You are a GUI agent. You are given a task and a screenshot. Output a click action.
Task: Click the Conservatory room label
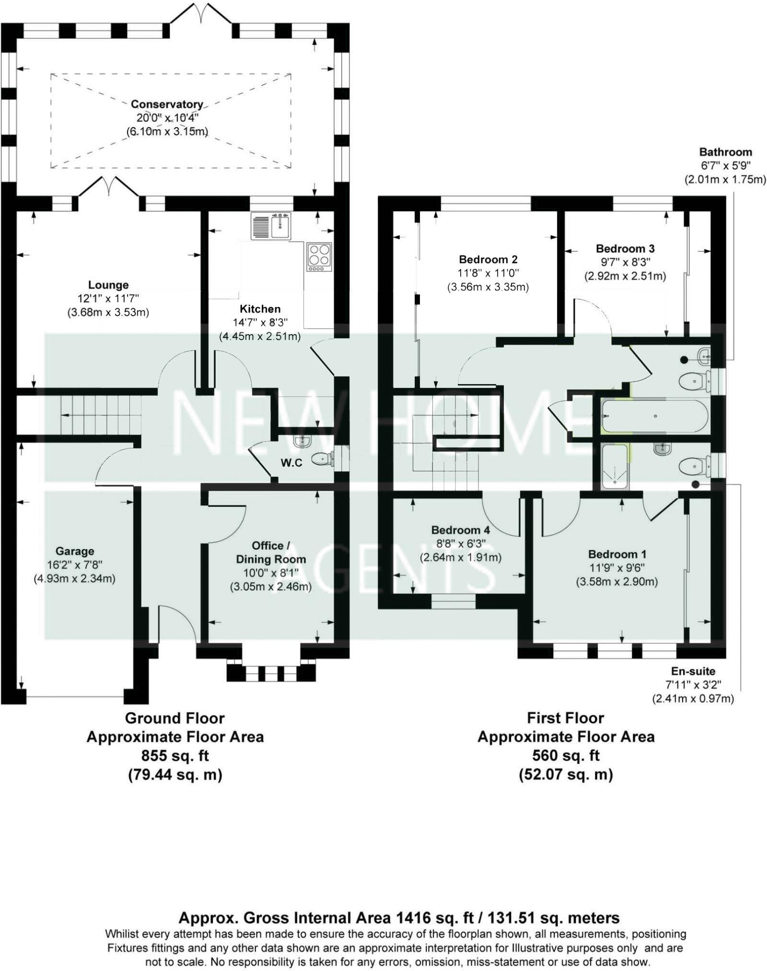(x=167, y=104)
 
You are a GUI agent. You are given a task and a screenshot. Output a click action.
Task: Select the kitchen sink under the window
(x=271, y=226)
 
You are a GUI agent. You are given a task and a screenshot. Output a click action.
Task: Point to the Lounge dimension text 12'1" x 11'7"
(x=108, y=298)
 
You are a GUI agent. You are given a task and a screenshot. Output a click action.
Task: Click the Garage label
(x=74, y=551)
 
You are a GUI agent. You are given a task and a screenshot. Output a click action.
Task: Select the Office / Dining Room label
(x=271, y=552)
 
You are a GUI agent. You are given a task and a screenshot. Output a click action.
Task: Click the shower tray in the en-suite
(x=614, y=467)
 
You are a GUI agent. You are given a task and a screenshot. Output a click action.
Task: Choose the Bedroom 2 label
(x=488, y=259)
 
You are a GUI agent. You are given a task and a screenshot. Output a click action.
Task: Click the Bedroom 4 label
(x=460, y=530)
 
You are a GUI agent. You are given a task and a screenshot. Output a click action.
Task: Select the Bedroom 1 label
(x=617, y=554)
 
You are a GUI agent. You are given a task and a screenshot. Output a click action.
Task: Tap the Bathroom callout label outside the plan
(x=725, y=152)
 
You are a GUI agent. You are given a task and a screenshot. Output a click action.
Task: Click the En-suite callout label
(x=693, y=671)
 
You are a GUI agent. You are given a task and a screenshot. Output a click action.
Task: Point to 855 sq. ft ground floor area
(x=175, y=756)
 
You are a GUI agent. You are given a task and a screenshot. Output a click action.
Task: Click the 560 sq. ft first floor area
(x=566, y=756)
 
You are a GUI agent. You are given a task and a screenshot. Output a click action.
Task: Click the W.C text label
(x=291, y=463)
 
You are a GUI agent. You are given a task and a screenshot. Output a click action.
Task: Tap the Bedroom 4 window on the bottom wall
(x=453, y=601)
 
